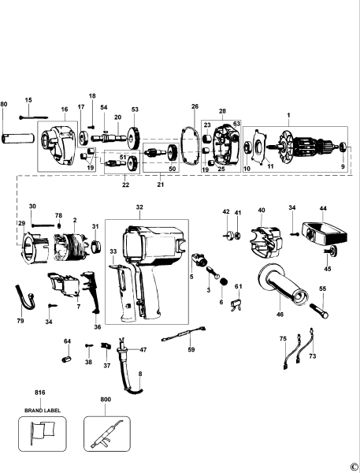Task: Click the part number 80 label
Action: (x=4, y=104)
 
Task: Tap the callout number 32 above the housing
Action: (x=139, y=207)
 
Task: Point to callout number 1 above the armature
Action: (x=288, y=117)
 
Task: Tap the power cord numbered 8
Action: (x=129, y=378)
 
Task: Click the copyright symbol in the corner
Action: (x=354, y=466)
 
